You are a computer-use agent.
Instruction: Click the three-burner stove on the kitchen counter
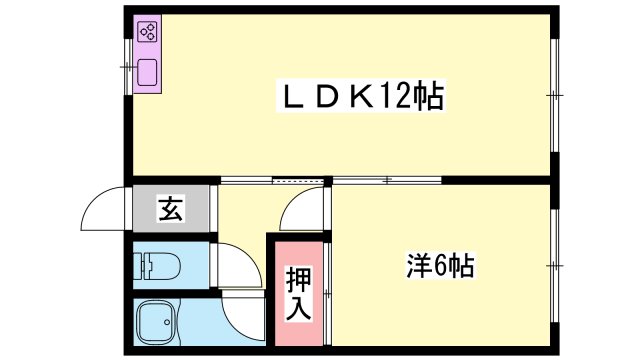[x=148, y=32]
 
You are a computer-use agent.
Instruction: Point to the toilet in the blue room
[x=159, y=266]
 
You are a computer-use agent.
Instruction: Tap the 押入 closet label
[x=297, y=290]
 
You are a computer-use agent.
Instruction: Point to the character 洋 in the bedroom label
[x=419, y=266]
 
